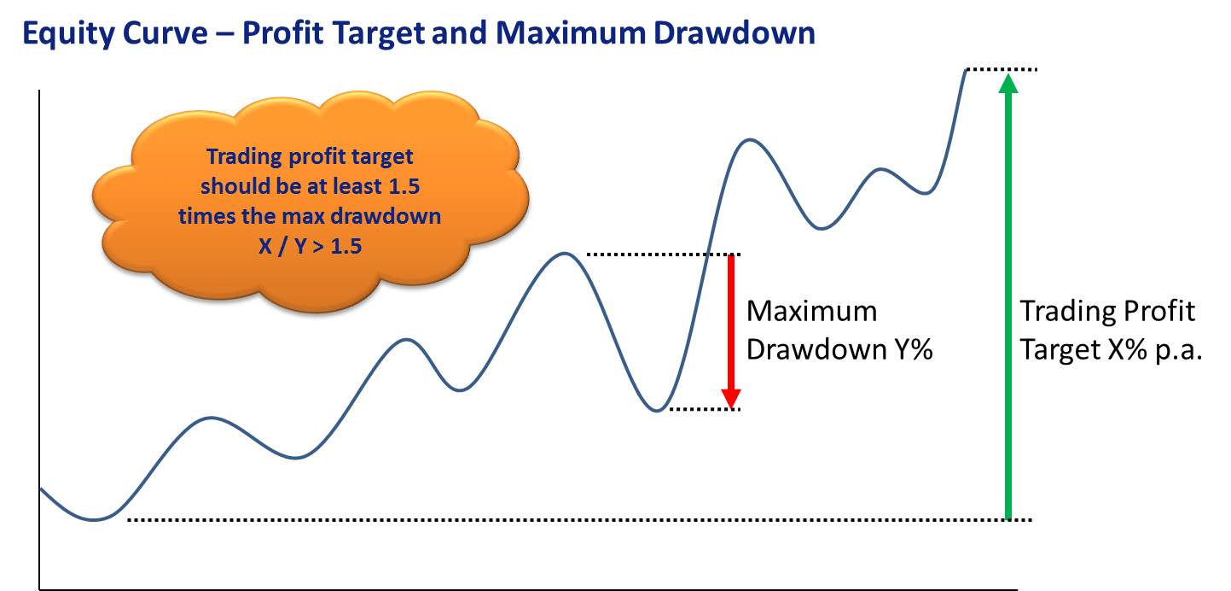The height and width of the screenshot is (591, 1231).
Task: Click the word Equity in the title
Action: [x=67, y=33]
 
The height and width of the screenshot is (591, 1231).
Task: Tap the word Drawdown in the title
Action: [x=735, y=32]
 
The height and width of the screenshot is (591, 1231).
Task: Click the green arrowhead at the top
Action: [x=1007, y=84]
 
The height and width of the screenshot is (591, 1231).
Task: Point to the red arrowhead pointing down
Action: [x=731, y=398]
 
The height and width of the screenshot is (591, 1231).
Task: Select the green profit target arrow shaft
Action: [x=1007, y=306]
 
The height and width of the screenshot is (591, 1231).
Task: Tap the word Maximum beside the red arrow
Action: [x=811, y=311]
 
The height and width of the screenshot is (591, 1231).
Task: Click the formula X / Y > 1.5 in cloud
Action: [x=310, y=245]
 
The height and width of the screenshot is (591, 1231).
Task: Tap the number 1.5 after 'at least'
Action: [x=404, y=186]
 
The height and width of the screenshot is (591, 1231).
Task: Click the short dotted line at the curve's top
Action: [x=1002, y=69]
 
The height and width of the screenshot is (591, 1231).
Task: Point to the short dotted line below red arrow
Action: [x=705, y=409]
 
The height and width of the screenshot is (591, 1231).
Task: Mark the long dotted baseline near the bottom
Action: [x=580, y=519]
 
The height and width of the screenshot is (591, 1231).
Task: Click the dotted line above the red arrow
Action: [x=664, y=255]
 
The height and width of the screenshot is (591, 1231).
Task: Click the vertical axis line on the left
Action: [x=39, y=340]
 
